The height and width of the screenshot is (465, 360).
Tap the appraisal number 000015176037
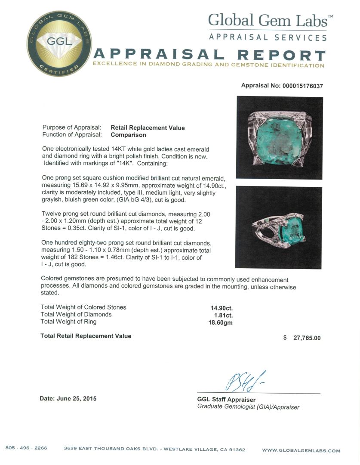(302, 86)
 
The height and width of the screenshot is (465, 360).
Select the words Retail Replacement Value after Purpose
(148, 127)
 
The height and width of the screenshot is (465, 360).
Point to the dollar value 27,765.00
(307, 338)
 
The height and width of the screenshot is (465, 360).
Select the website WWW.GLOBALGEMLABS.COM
(301, 451)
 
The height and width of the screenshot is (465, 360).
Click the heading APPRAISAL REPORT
(209, 55)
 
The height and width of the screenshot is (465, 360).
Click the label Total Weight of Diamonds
(76, 315)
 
